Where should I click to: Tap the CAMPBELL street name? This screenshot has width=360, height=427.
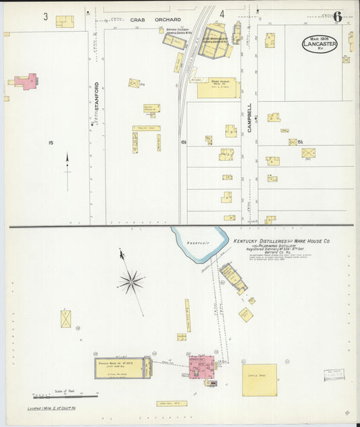[x=249, y=117]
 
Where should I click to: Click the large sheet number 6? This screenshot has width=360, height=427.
[x=336, y=16]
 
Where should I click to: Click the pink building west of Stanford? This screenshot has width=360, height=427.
[x=26, y=82]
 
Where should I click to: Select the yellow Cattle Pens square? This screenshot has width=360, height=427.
[x=259, y=380]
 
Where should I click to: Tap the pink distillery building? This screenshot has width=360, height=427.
[x=202, y=368]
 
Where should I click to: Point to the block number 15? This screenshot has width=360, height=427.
[x=50, y=143]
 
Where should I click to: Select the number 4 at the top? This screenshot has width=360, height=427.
[x=222, y=14]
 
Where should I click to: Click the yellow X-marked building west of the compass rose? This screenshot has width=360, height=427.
[x=66, y=319]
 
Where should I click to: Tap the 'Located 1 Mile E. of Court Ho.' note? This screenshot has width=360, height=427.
[x=53, y=409]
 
